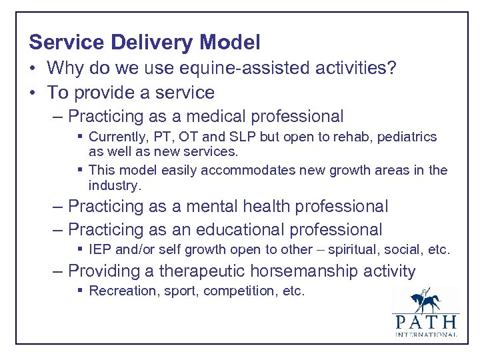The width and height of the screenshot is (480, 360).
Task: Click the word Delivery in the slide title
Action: point(155,43)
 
